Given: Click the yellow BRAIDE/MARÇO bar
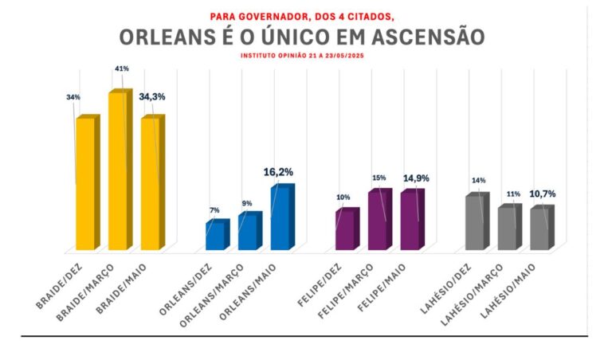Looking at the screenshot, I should [118, 171].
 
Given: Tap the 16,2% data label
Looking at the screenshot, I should [278, 171].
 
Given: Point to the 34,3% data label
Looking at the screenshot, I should [152, 97].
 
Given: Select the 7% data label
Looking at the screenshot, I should [214, 210].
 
